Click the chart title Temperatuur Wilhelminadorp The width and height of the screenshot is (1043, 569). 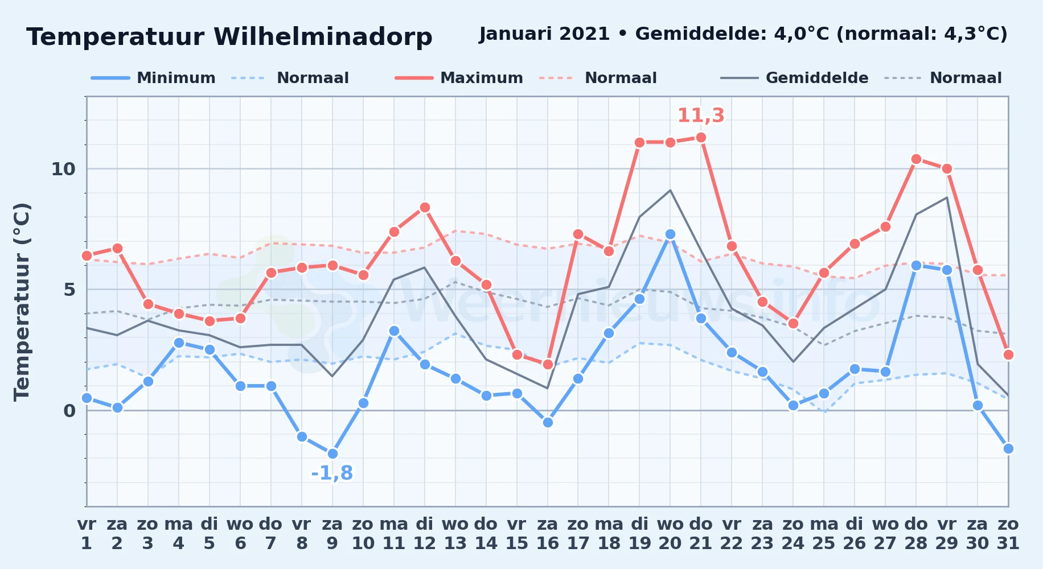coord(229,37)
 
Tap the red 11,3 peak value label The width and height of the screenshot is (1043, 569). coord(701,116)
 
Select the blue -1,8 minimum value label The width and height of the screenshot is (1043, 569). coord(332,473)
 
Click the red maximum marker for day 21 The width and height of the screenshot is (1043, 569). coord(701,138)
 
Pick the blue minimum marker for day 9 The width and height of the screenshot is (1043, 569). coord(332,453)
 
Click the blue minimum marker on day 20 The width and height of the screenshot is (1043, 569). coord(670,234)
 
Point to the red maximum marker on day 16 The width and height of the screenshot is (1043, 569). coord(548,364)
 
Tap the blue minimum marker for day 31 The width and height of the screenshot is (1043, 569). coord(1008,448)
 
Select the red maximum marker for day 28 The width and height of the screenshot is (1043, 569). coord(916,159)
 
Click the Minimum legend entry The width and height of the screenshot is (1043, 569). coord(153,78)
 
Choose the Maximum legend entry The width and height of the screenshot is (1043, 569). coord(459,78)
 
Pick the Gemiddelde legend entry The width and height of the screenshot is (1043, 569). coord(794,78)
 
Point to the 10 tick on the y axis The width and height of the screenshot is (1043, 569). coord(63,169)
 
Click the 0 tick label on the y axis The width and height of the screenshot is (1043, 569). coord(69,411)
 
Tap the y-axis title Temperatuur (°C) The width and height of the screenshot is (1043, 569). coord(22,302)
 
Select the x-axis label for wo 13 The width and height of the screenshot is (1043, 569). coord(455,534)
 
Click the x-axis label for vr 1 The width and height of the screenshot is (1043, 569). coord(87,534)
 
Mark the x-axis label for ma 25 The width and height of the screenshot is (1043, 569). coord(824,534)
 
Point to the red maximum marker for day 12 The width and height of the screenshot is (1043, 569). coord(425,208)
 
